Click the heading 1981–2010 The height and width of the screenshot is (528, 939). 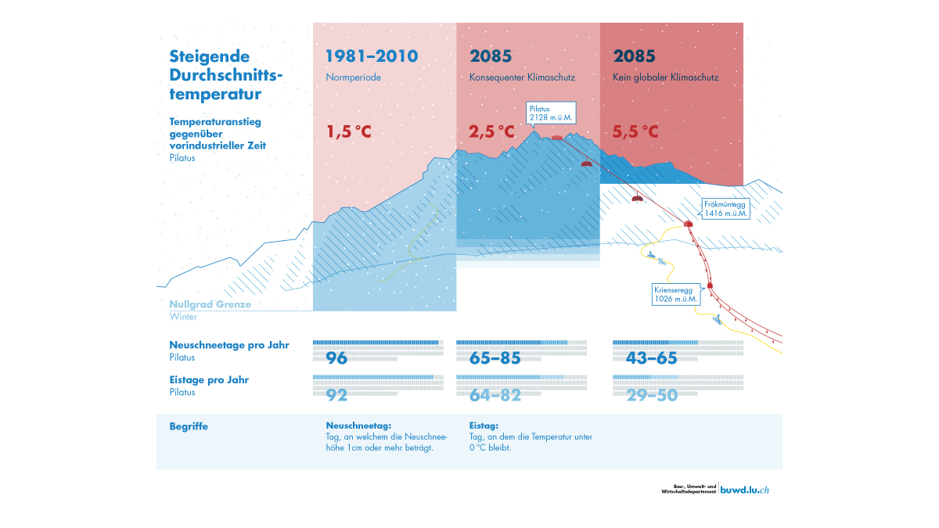pos(372,56)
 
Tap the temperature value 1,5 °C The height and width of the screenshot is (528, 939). pos(349,132)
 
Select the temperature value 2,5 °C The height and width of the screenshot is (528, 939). pos(492,132)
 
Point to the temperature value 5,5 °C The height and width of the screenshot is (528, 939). pos(635,132)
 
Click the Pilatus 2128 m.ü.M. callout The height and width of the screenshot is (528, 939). pos(551,113)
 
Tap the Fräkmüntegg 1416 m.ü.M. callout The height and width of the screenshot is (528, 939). pos(725,208)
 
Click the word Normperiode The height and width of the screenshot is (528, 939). pos(353,77)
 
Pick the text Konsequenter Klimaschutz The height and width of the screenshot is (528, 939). pos(522,77)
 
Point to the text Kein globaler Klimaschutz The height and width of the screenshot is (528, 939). pos(666,77)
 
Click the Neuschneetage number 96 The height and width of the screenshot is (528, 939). pos(336,358)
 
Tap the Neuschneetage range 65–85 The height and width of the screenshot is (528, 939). pos(495,358)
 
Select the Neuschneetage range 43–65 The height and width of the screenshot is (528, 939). pos(651,358)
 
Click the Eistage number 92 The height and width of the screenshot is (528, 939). pos(336,395)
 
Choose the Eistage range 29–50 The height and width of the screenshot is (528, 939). pos(651,395)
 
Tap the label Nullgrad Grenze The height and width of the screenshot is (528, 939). pos(210,304)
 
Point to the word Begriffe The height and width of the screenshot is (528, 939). pos(189,426)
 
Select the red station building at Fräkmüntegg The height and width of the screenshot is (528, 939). pos(689,223)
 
